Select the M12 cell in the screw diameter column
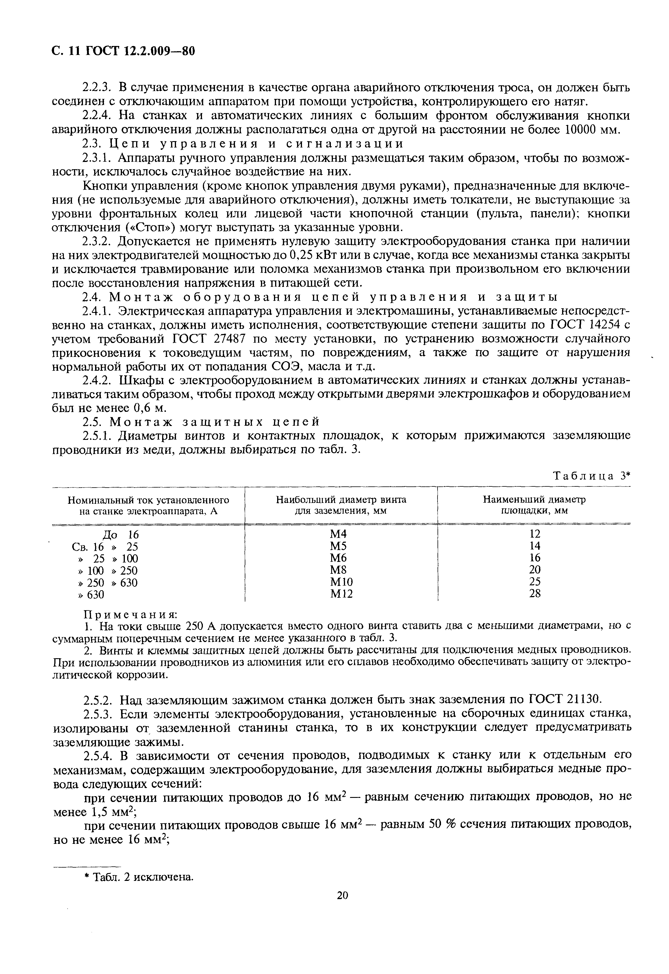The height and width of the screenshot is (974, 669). pos(341,594)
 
